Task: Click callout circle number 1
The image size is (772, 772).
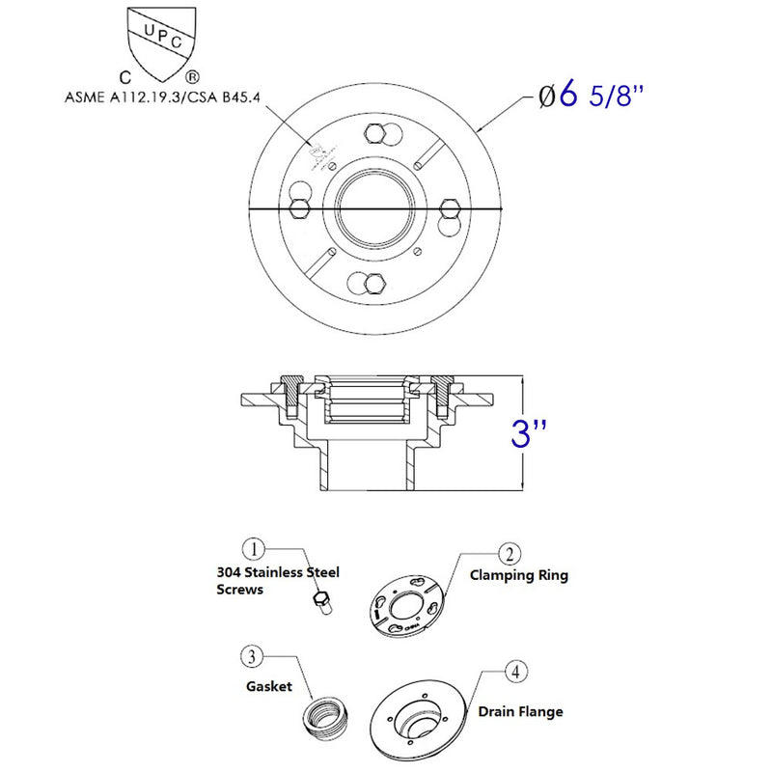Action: tap(254, 549)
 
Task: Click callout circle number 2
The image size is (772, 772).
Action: tap(510, 553)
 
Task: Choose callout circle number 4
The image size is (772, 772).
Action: tap(518, 673)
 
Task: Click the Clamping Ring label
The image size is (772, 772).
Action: tap(518, 575)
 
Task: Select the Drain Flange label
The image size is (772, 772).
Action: tap(520, 712)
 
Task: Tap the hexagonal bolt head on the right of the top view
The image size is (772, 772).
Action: tap(448, 209)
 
